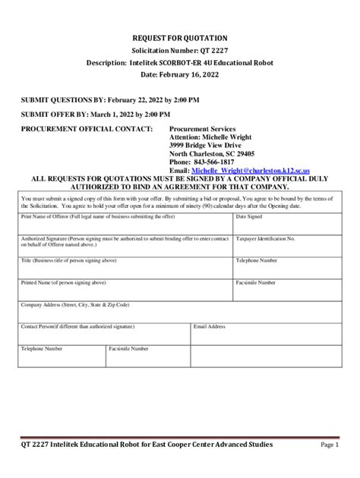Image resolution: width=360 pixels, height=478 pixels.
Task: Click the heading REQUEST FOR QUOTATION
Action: [x=180, y=38]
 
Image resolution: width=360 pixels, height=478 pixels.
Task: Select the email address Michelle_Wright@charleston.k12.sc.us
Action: [x=240, y=171]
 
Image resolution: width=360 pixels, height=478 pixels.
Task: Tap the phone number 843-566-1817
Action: [x=216, y=162]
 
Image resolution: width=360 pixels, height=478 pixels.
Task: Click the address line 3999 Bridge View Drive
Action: [x=205, y=144]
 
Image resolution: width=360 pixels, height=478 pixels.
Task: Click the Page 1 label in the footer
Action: [x=330, y=445]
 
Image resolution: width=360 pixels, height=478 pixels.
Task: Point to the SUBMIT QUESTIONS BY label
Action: [x=62, y=99]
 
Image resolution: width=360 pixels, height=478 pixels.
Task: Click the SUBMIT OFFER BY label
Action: [x=54, y=114]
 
